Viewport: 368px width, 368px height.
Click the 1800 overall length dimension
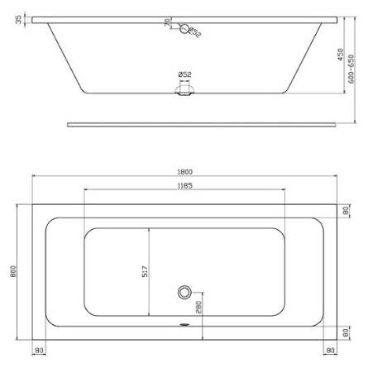(184, 172)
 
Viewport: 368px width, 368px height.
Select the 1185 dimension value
(184, 186)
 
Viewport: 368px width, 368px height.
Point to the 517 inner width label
(145, 271)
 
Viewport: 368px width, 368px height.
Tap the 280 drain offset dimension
(198, 307)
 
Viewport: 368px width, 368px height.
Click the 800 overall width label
(13, 271)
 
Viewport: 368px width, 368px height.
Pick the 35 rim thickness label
(18, 20)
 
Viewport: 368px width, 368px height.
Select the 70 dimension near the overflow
(167, 22)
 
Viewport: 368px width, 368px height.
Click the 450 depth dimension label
(341, 55)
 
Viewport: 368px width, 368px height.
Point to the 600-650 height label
(351, 69)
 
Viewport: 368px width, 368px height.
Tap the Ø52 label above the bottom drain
(185, 74)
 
